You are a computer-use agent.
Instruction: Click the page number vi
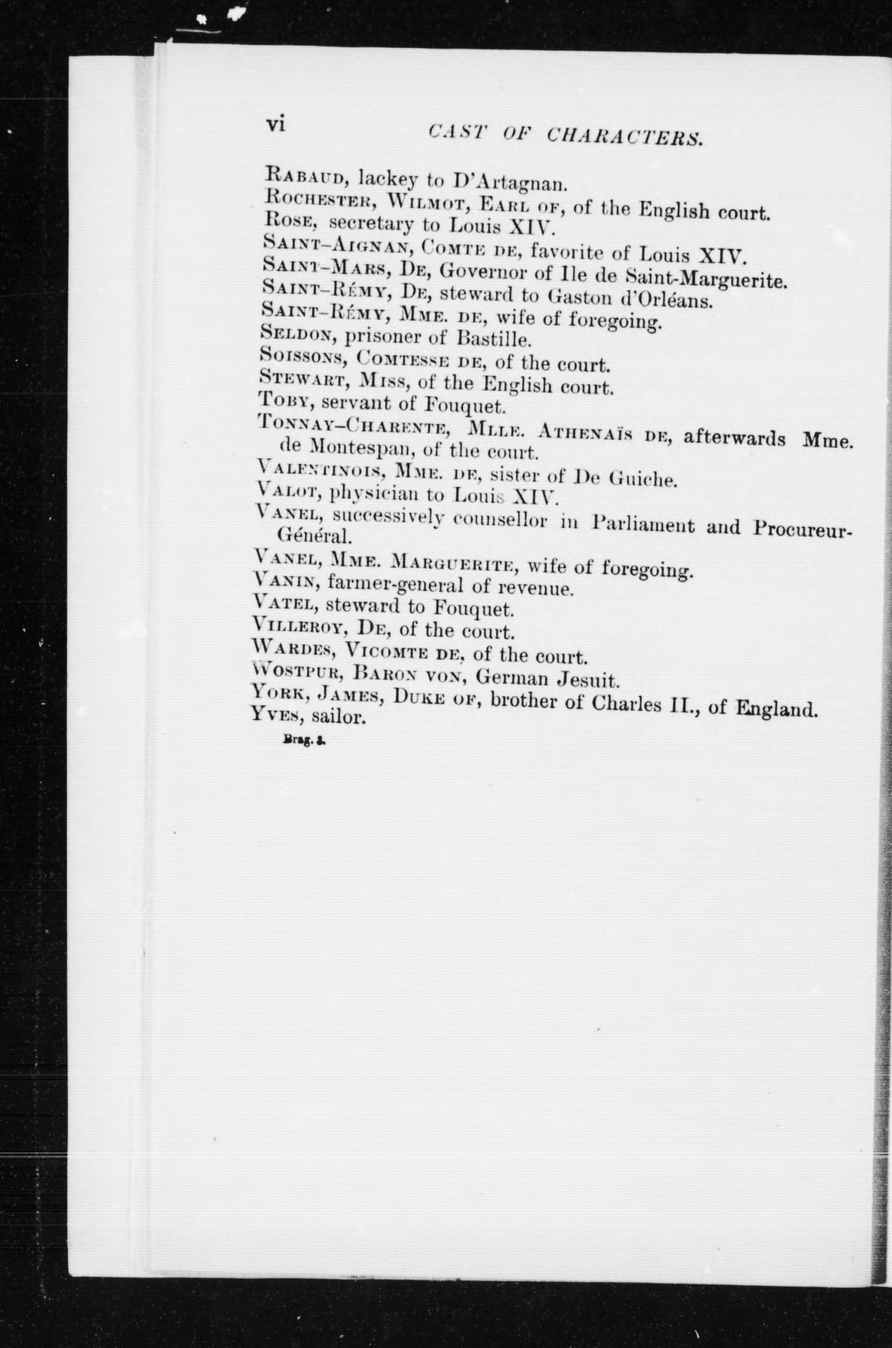point(275,124)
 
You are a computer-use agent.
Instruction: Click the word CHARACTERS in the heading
point(623,136)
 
